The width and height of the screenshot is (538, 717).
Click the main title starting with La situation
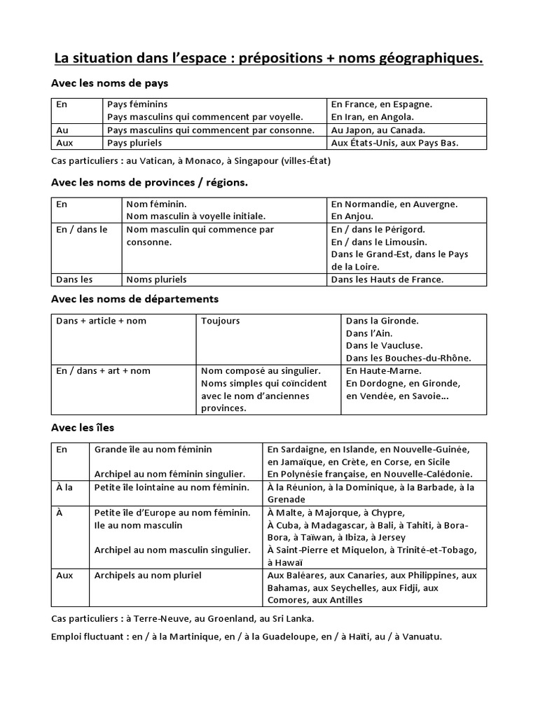coord(268,59)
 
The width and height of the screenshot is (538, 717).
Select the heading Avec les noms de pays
coord(109,83)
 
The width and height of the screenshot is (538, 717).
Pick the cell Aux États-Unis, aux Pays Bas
coord(399,143)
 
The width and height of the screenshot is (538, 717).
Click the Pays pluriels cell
coord(134,143)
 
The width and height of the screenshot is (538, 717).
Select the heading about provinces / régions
coord(150,182)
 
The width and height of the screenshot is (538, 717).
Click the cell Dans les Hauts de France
coord(387,279)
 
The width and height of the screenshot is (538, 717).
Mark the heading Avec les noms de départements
coord(135,299)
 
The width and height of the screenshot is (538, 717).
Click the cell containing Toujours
coord(220,321)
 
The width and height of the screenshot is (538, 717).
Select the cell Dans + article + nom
coord(102,321)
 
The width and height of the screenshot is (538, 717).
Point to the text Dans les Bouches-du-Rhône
coord(408,358)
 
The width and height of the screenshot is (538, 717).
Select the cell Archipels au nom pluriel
coord(148,575)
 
